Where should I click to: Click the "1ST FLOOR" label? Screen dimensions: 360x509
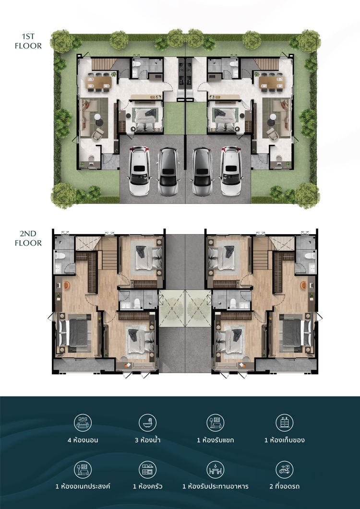pyautogui.click(x=28, y=41)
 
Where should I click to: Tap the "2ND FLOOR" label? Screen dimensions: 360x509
pyautogui.click(x=28, y=238)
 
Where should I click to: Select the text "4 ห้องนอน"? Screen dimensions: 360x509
pyautogui.click(x=83, y=440)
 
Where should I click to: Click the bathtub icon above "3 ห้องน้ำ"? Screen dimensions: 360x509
pyautogui.click(x=147, y=423)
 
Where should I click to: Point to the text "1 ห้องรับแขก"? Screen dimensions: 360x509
pyautogui.click(x=216, y=440)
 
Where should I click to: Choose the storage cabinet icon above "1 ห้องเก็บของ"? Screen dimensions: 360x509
pyautogui.click(x=284, y=423)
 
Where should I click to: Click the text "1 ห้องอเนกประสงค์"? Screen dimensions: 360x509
pyautogui.click(x=83, y=486)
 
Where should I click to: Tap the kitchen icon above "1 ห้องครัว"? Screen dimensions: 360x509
pyautogui.click(x=147, y=470)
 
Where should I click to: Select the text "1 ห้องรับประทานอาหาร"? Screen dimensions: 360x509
pyautogui.click(x=216, y=486)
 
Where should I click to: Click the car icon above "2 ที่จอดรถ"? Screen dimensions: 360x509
pyautogui.click(x=284, y=470)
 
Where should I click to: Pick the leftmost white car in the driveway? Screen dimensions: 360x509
pyautogui.click(x=139, y=171)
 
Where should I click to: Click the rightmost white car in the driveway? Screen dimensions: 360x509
pyautogui.click(x=231, y=171)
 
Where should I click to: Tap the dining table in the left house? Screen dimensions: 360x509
pyautogui.click(x=99, y=83)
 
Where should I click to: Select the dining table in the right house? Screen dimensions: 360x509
pyautogui.click(x=272, y=83)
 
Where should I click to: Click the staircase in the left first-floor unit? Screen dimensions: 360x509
pyautogui.click(x=103, y=64)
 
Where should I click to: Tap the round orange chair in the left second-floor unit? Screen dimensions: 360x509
pyautogui.click(x=67, y=285)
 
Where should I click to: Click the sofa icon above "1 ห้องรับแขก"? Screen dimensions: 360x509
pyautogui.click(x=216, y=423)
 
